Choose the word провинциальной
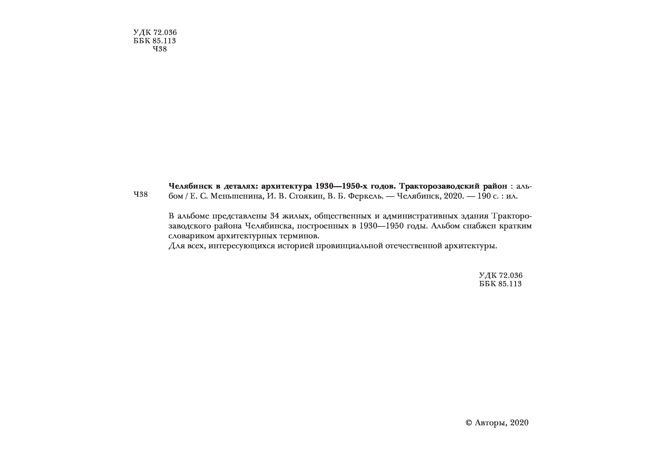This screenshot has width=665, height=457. coord(349,246)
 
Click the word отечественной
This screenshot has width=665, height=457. coord(413,246)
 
